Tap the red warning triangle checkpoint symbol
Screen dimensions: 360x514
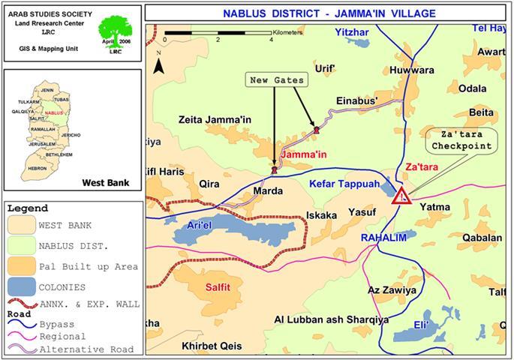click(403, 196)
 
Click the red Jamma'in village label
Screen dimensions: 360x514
click(303, 155)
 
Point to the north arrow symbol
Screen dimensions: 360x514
click(158, 64)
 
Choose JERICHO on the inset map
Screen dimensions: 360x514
click(71, 134)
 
